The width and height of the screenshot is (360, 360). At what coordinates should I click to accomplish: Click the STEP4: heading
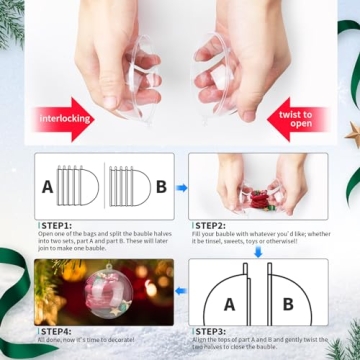tap(58, 330)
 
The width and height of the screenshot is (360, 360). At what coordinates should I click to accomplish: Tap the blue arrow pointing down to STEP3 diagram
tap(257, 252)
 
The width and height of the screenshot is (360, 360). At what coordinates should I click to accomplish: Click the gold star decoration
tap(352, 133)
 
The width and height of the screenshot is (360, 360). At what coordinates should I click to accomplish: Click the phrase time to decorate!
tap(120, 340)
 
